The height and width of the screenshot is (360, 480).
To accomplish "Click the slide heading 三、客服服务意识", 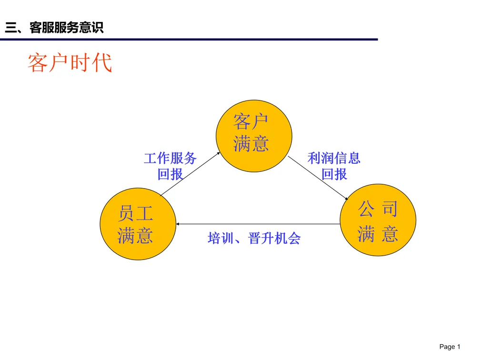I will pos(54,28).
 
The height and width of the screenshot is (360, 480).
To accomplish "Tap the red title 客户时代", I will pos(70,63).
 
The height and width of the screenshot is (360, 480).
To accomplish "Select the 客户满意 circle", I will pos(254,136).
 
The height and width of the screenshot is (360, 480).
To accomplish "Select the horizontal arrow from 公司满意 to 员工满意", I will pos(257,224).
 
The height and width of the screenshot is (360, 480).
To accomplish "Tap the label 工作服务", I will pos(170,158).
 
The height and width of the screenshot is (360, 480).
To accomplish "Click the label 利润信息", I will pos(334,158).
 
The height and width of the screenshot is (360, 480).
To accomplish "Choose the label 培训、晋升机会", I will pos(254,238).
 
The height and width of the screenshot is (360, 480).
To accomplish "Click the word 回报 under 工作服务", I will pos(170,174).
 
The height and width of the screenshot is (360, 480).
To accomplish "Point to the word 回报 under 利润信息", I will pos(334,174).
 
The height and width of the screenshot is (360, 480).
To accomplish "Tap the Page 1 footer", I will pos(450,347).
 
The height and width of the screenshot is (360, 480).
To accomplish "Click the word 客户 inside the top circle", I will pos(251,122).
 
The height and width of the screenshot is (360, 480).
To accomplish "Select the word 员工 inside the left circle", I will pos(135,214).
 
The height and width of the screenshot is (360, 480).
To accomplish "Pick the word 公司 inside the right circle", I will pos(378,209).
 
